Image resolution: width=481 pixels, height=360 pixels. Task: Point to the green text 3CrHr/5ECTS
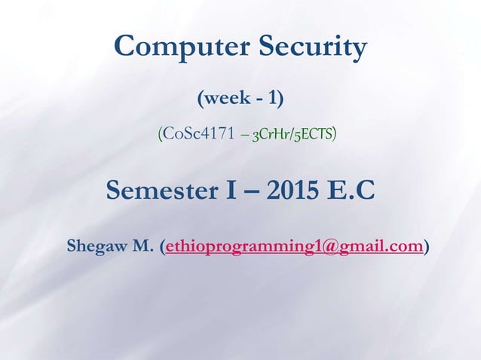[x=294, y=135]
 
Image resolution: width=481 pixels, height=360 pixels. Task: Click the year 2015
[x=287, y=191]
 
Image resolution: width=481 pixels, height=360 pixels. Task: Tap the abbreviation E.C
[x=349, y=191]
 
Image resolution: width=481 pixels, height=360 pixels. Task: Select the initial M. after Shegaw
[x=143, y=246]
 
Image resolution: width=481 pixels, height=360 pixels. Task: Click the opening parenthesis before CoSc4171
[x=160, y=135]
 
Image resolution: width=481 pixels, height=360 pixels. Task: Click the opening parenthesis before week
[x=200, y=98]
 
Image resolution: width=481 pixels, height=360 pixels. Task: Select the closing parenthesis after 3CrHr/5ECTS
[x=335, y=135]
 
